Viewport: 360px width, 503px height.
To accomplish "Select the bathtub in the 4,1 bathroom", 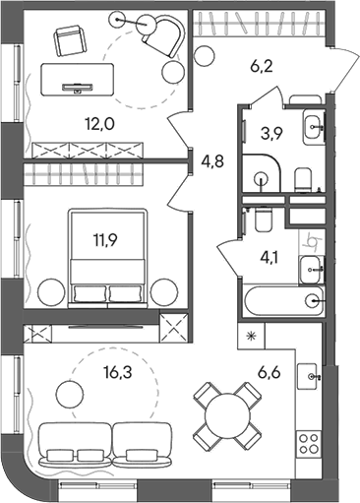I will (x=279, y=301).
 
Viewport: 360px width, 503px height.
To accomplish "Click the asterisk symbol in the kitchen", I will (x=250, y=337).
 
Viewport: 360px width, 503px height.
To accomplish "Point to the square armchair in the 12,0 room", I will (x=69, y=42).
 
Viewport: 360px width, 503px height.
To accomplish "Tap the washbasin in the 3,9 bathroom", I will (x=312, y=126).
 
